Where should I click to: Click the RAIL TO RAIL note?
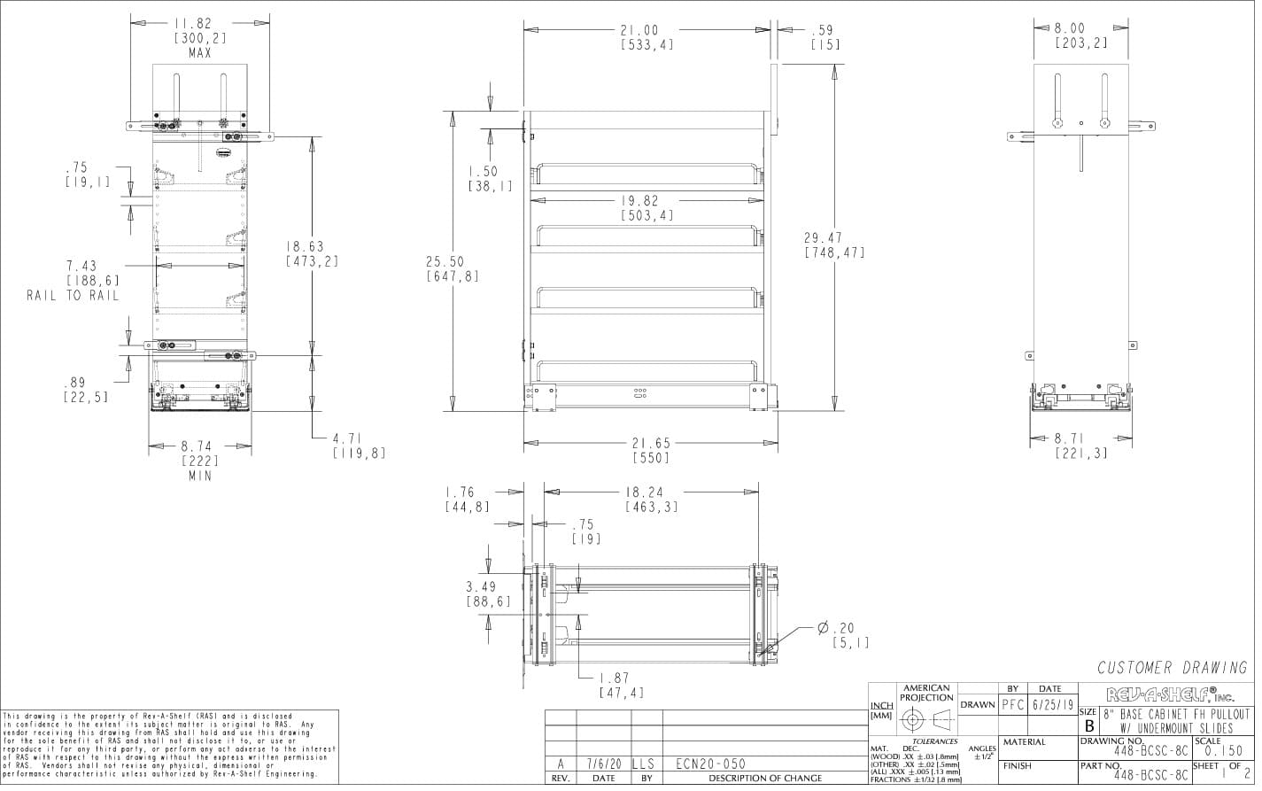73,296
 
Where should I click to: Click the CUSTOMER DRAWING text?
1172,669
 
